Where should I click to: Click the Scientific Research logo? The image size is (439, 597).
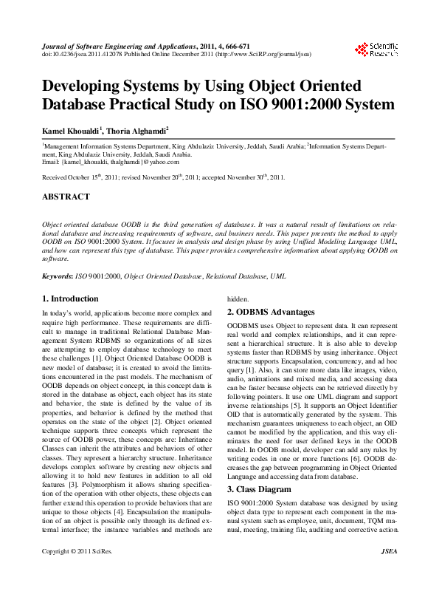pyautogui.click(x=378, y=50)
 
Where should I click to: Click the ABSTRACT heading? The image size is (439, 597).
pyautogui.click(x=66, y=197)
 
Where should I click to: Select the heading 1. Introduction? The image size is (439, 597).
pyautogui.click(x=70, y=298)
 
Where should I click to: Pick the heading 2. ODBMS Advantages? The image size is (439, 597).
pyautogui.click(x=271, y=312)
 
